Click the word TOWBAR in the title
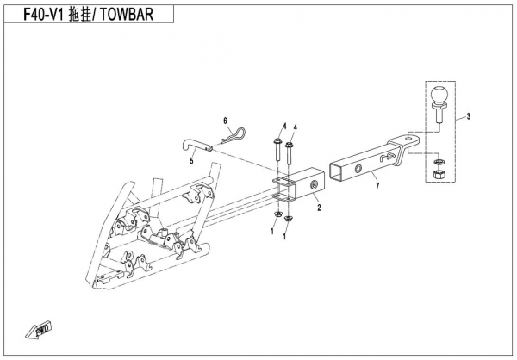tap(127, 14)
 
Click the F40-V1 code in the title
tap(43, 14)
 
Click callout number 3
tap(468, 116)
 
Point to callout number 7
tap(377, 186)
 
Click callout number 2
tap(319, 208)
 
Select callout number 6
tap(226, 121)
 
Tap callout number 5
tap(191, 162)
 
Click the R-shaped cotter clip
tap(234, 136)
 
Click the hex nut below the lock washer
tap(439, 174)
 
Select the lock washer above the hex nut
tap(439, 162)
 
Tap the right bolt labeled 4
tap(290, 153)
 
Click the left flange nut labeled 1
tap(277, 215)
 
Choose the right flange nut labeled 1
tap(289, 218)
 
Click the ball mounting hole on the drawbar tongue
tap(408, 138)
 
